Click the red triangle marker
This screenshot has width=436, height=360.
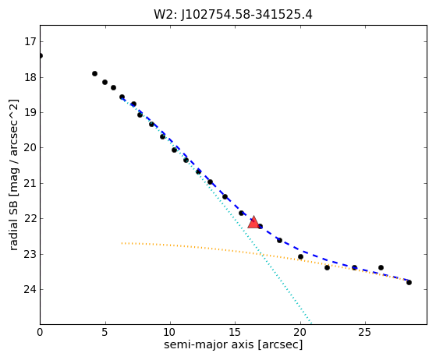(253, 222)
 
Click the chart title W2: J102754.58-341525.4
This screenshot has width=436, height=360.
(233, 14)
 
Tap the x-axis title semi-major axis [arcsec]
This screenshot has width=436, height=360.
(233, 344)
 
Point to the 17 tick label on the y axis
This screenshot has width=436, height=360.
(30, 41)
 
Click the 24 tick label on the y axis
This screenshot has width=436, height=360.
(30, 289)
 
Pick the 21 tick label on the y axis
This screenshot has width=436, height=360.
(30, 183)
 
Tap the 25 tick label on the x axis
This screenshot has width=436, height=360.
(365, 332)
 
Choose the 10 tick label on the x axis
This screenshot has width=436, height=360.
(170, 332)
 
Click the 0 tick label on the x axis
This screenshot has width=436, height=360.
(40, 332)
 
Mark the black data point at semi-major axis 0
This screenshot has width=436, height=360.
(41, 56)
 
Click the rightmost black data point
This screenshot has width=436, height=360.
(409, 282)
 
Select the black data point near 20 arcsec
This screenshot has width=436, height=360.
(300, 256)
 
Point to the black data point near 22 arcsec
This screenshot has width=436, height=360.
(327, 267)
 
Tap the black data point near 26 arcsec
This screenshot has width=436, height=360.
(381, 267)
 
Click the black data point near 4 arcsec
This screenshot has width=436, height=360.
(94, 73)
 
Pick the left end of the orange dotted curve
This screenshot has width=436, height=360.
(122, 243)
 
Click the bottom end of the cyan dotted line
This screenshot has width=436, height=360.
(311, 323)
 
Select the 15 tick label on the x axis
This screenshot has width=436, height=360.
(236, 332)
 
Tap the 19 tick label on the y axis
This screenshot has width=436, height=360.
(30, 112)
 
